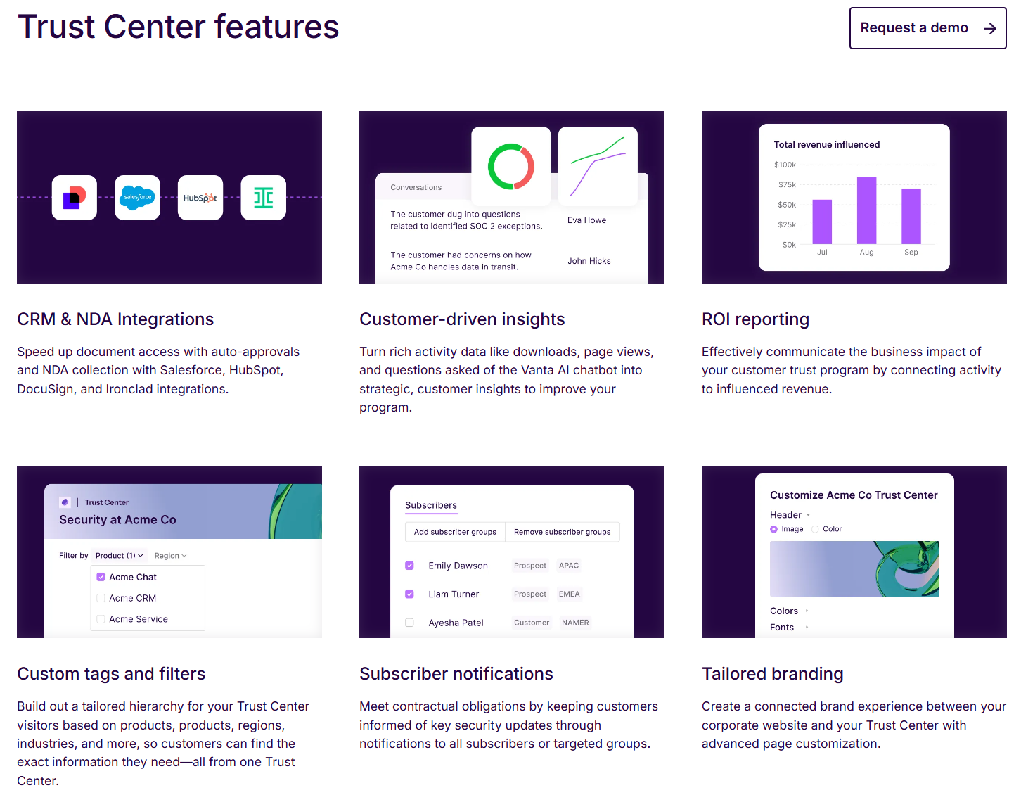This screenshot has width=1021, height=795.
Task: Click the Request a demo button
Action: click(927, 28)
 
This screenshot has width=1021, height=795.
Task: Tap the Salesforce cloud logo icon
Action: click(137, 198)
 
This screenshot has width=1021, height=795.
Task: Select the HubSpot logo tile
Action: click(200, 198)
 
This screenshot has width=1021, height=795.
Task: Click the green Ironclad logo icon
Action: click(264, 198)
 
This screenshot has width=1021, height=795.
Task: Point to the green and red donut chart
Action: click(511, 167)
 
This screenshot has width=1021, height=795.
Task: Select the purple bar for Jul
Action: click(822, 222)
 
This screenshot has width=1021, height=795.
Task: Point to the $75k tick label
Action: click(787, 185)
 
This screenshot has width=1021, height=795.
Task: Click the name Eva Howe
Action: click(586, 220)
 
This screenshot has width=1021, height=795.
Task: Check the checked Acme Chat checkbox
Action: click(101, 577)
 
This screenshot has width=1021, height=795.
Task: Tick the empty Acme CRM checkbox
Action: click(101, 598)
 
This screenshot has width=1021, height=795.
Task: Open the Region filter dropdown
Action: click(170, 556)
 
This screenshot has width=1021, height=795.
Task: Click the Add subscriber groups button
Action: click(455, 532)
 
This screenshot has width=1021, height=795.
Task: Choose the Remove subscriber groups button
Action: click(562, 532)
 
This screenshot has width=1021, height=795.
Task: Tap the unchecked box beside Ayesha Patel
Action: click(409, 623)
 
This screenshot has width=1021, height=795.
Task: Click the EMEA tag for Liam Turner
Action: click(569, 594)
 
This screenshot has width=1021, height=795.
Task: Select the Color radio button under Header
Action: click(816, 529)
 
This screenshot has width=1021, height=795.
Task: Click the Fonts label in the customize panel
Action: click(782, 628)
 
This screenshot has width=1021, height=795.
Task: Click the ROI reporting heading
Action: click(755, 319)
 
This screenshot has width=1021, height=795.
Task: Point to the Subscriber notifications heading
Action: click(456, 674)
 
